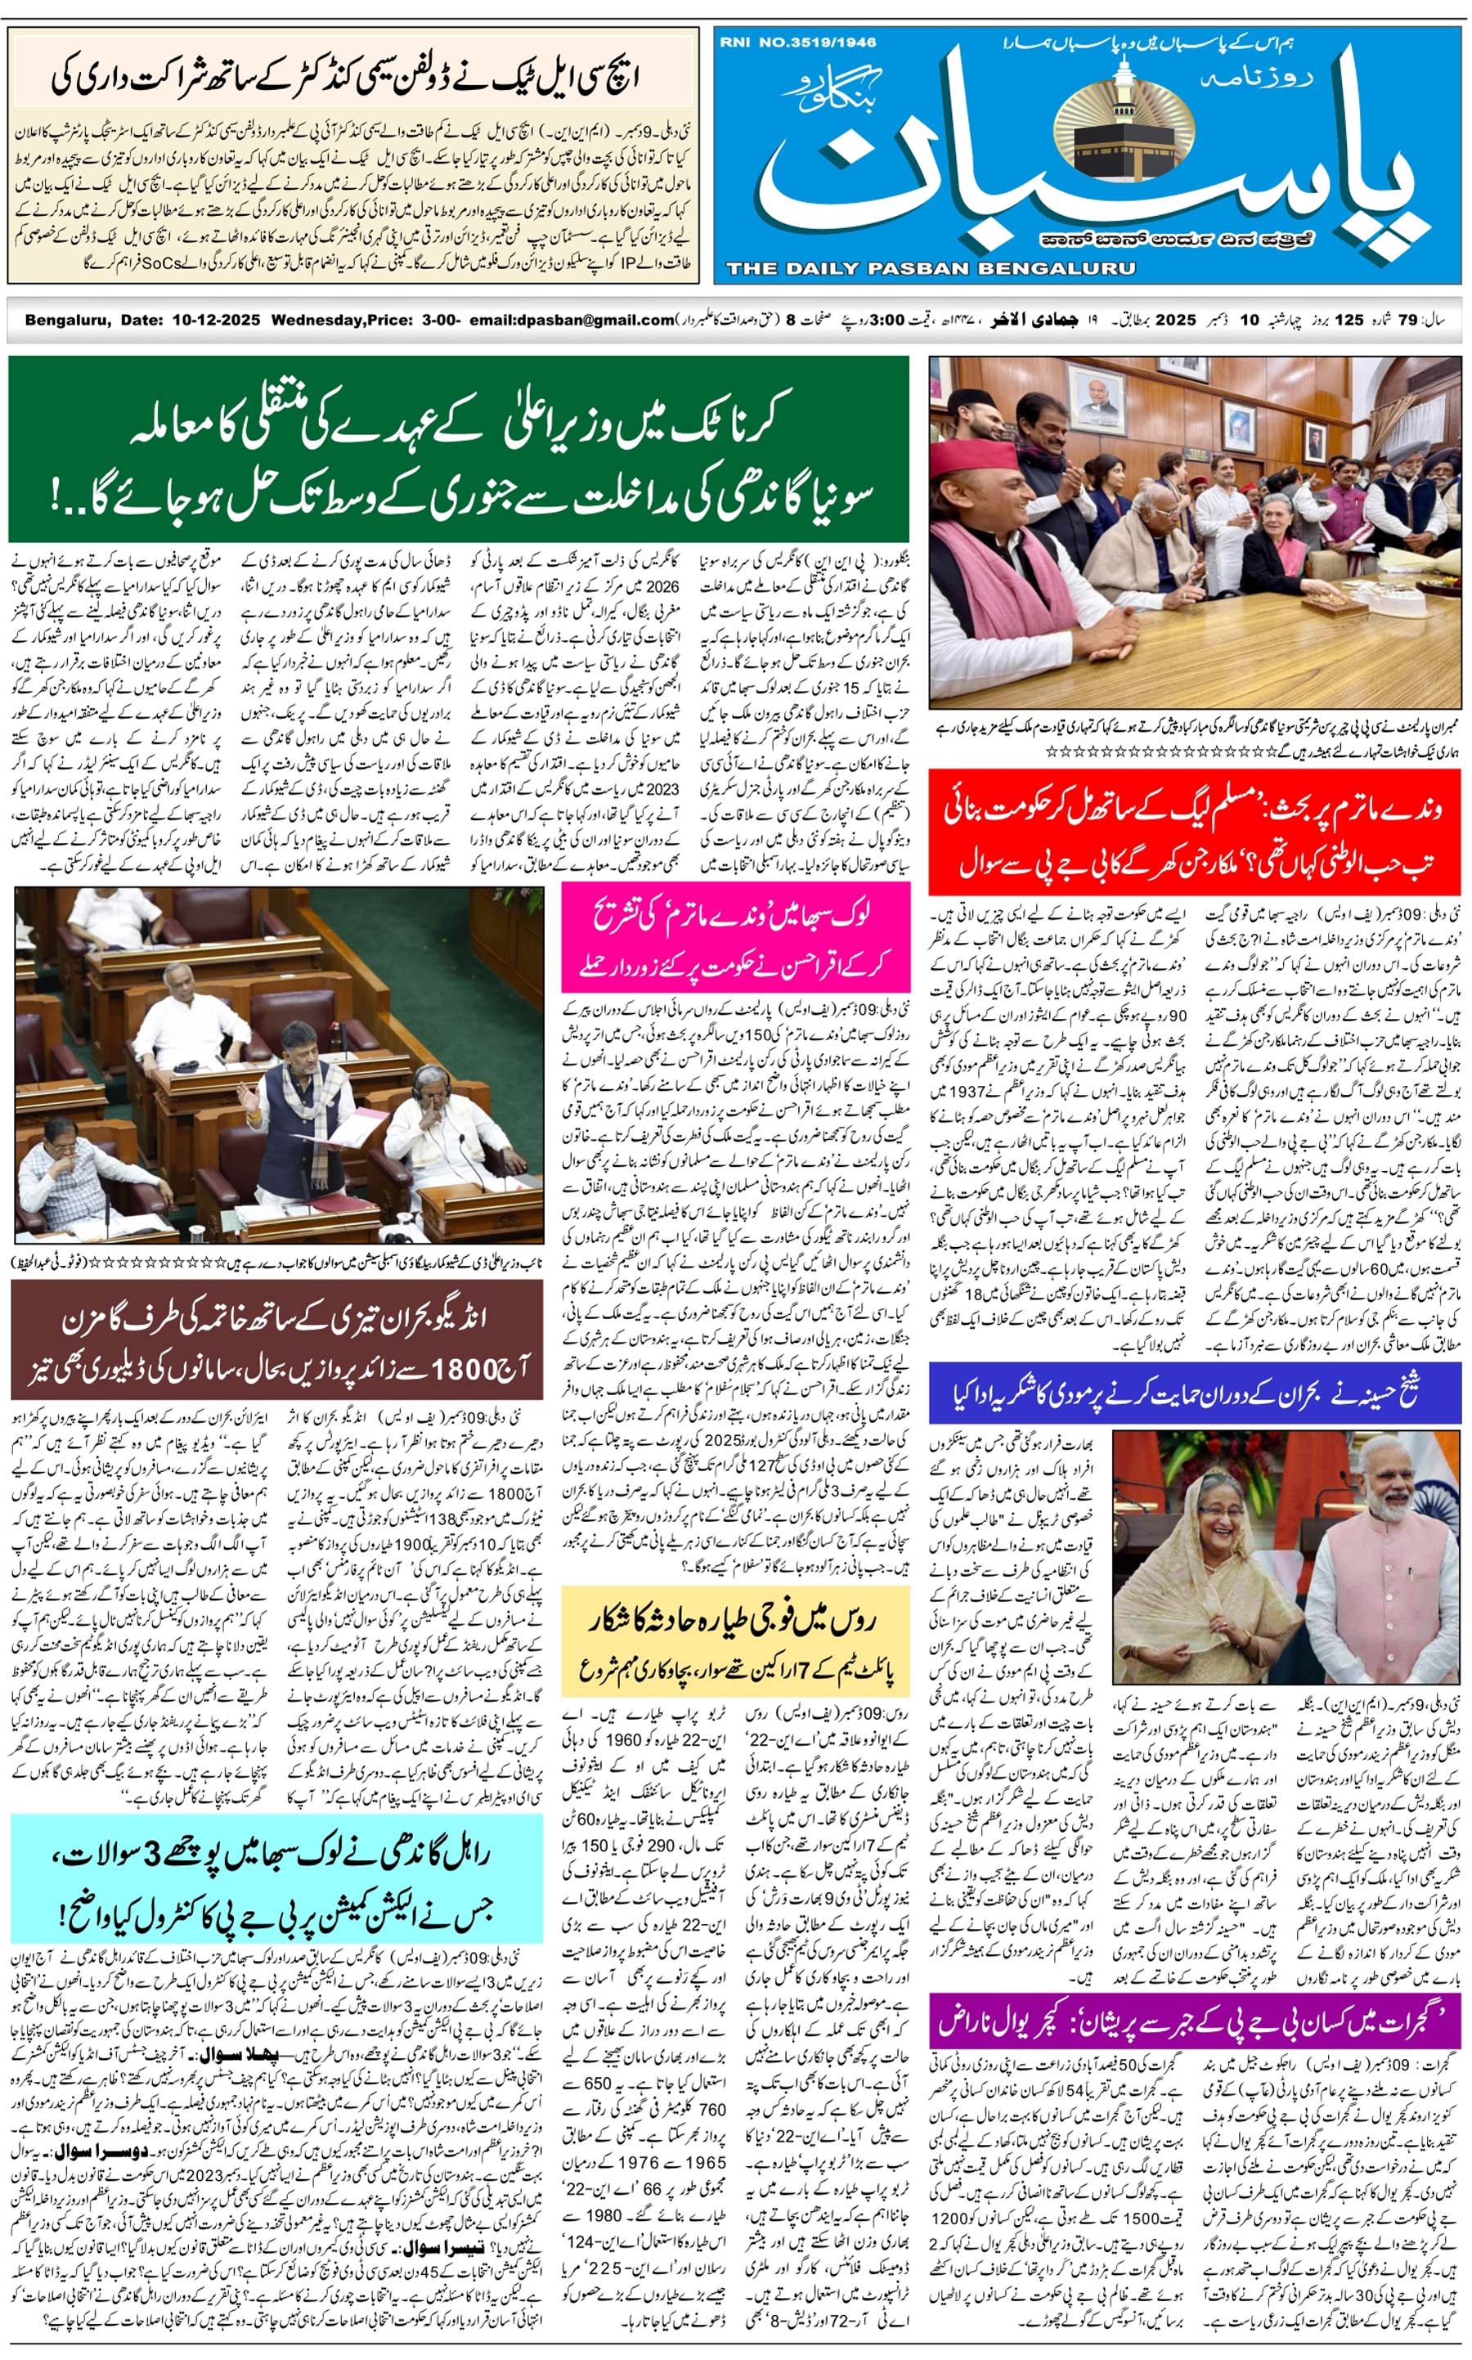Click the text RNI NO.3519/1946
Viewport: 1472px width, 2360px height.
(798, 42)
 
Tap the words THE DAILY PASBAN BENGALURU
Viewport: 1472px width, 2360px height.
(930, 267)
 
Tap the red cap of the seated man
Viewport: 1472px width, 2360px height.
(973, 455)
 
